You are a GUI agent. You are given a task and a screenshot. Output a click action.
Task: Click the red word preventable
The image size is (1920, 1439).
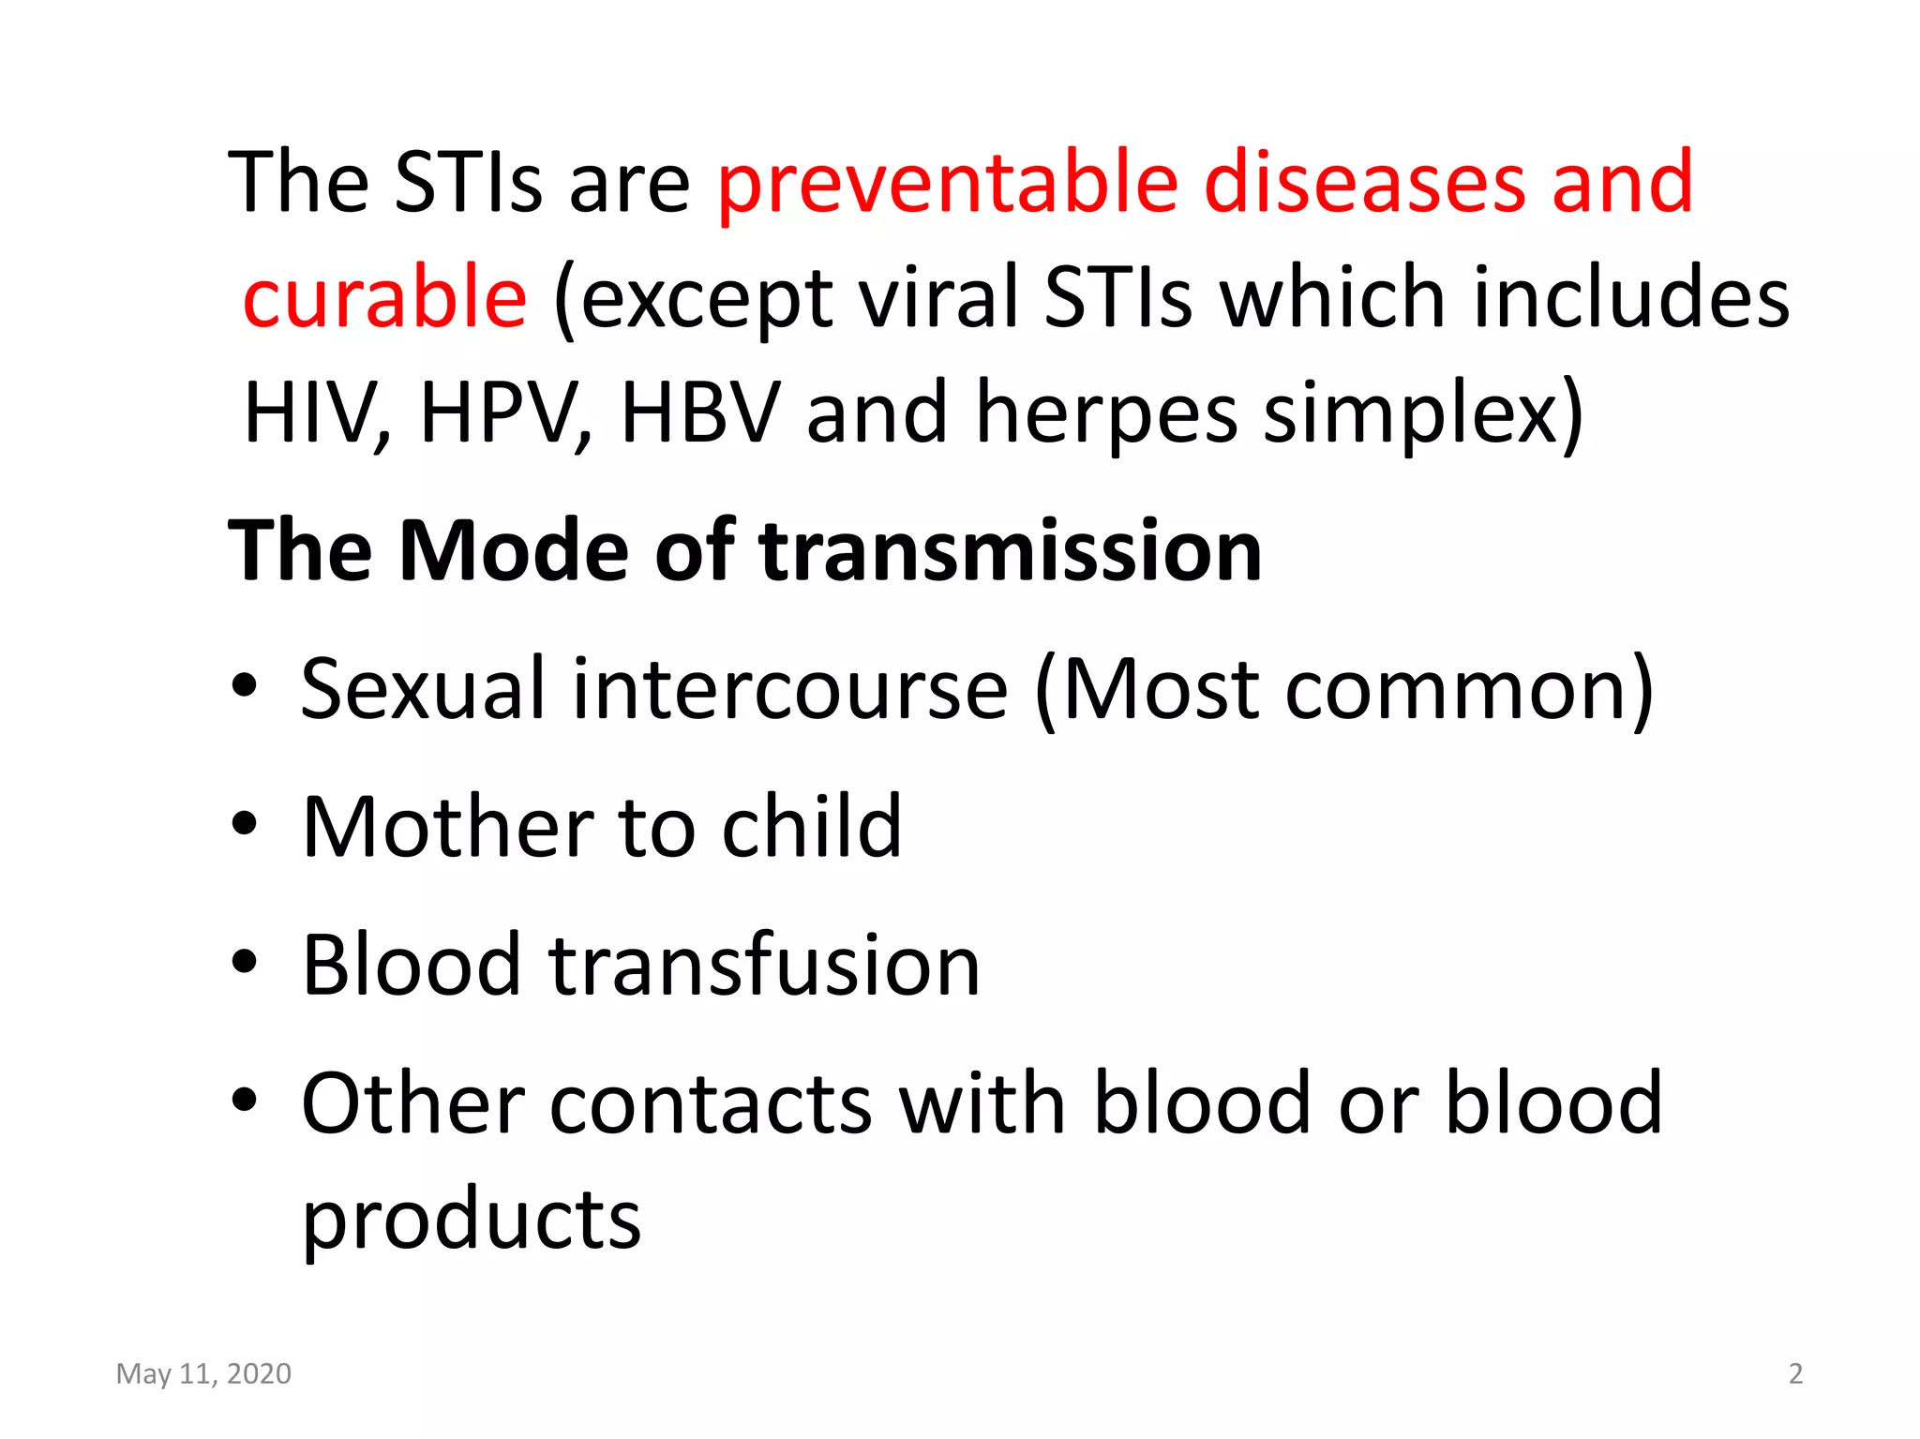pos(947,184)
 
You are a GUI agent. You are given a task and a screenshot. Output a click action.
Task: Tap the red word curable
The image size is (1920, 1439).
pos(384,297)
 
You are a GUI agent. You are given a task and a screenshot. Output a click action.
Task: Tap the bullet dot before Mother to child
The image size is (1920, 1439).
pos(244,824)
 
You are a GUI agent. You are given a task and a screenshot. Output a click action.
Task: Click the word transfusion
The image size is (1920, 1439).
pos(764,966)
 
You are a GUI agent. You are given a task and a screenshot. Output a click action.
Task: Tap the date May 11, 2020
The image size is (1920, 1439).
pos(203,1373)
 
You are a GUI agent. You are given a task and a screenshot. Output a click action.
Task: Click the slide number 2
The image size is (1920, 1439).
pos(1795,1373)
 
